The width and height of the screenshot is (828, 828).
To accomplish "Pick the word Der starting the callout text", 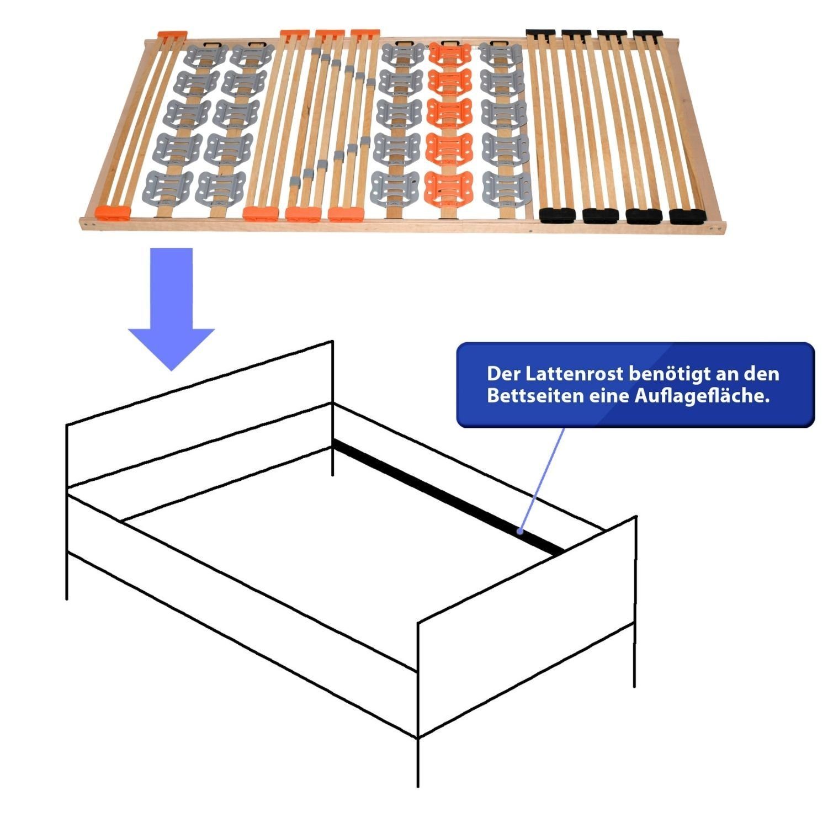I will coord(503,374).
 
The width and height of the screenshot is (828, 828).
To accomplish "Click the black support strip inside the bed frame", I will coord(447,495).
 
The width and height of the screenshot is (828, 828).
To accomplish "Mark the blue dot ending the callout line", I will coord(520,532).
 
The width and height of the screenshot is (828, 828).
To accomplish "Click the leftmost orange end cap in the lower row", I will coord(112,211).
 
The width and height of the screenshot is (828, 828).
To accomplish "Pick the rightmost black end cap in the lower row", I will coord(687,216).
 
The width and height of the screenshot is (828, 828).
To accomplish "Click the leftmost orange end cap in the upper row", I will coord(172,35).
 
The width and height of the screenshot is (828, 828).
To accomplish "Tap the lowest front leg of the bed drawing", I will coord(418,762).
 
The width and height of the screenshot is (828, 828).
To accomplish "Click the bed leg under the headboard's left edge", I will coord(67,574).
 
